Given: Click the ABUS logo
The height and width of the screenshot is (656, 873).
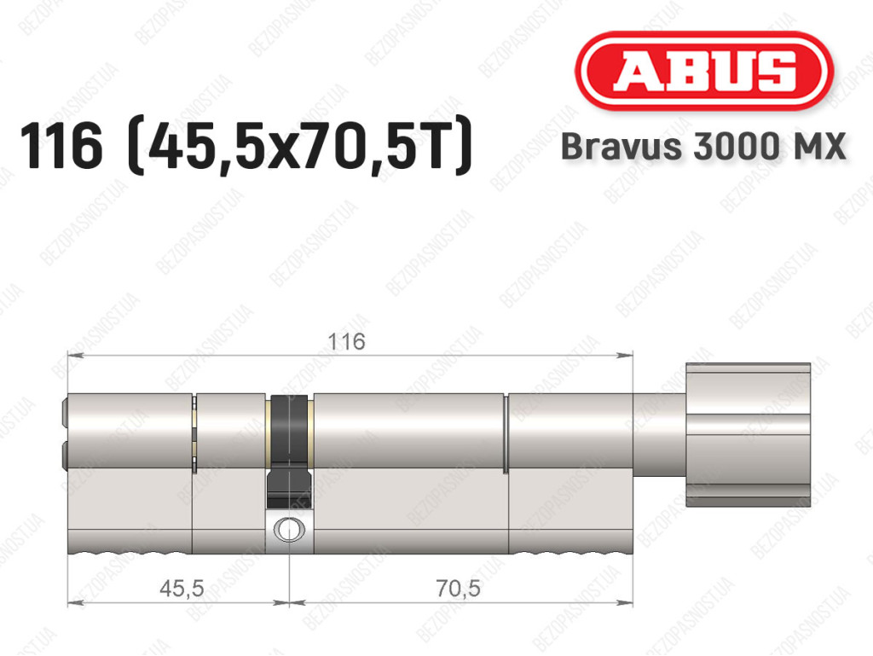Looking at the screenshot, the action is pyautogui.click(x=703, y=71).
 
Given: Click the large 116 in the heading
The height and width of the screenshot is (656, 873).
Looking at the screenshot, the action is pyautogui.click(x=61, y=146).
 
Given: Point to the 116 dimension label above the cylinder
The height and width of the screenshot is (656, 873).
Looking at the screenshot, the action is pyautogui.click(x=347, y=341).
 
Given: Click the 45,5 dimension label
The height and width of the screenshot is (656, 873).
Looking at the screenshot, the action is pyautogui.click(x=182, y=588).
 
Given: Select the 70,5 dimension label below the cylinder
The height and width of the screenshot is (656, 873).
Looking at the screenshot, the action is pyautogui.click(x=458, y=588).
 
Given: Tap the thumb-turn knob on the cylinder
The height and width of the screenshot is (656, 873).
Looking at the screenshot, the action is pyautogui.click(x=748, y=435).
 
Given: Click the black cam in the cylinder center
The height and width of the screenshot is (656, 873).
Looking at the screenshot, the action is pyautogui.click(x=289, y=451).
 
